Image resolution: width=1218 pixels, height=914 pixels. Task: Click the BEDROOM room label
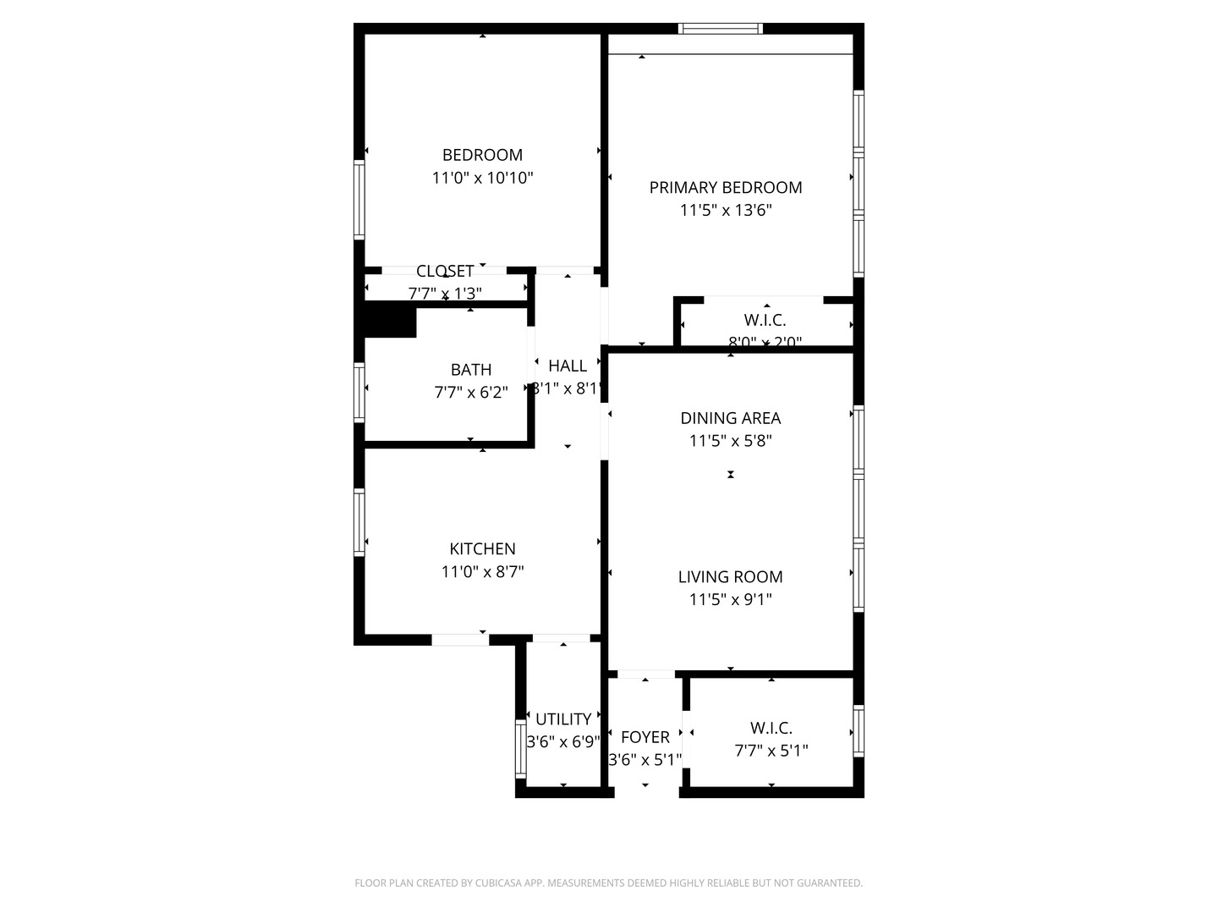pos(482,155)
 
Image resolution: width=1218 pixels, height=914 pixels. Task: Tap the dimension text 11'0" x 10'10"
pos(482,178)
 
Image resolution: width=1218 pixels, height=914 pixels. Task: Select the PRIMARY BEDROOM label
pos(726,187)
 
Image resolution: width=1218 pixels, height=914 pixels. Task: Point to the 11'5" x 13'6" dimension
pos(726,210)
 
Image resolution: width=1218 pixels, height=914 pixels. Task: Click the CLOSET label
pos(445,272)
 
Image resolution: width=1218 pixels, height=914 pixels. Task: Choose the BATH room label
pos(471,370)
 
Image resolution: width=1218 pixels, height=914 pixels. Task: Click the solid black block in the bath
pos(390,321)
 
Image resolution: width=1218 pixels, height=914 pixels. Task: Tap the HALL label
pos(568,366)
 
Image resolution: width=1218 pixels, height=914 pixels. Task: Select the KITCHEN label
pos(482,548)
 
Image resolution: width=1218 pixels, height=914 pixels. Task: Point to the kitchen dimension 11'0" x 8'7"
pos(482,571)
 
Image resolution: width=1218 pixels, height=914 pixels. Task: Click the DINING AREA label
pos(730,418)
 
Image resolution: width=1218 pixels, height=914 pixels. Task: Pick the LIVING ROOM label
pos(730,577)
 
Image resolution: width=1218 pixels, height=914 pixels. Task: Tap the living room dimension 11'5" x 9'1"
pos(730,600)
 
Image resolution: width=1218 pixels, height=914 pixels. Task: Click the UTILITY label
pos(563,719)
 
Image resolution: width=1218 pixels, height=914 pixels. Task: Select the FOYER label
pos(645,737)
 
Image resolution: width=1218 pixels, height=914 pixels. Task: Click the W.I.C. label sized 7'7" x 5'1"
pos(771,728)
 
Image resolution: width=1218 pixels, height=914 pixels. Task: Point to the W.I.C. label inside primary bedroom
pos(765,321)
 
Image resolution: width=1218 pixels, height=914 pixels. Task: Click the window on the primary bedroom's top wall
pos(721,29)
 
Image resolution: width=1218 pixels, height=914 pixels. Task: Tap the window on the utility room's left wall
pos(521,749)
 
